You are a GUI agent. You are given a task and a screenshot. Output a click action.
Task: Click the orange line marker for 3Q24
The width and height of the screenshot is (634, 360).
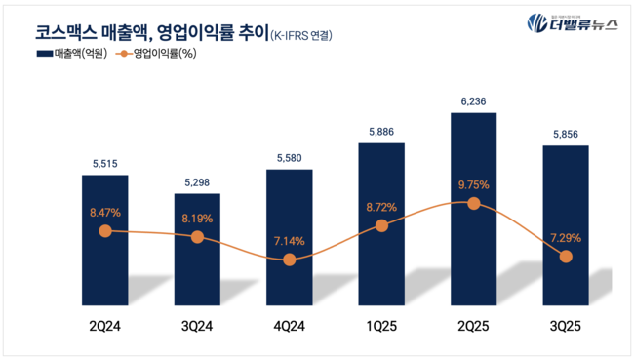198,237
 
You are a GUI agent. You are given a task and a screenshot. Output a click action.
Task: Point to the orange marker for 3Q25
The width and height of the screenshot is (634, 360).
565,257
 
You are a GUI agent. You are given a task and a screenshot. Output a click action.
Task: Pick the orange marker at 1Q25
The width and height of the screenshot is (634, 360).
381,225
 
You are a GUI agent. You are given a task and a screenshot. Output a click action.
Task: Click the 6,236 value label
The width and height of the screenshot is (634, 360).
473,100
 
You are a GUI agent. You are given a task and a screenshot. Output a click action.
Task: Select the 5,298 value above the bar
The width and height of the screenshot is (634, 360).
198,180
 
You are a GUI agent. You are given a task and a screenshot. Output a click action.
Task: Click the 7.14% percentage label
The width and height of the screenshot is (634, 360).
290,240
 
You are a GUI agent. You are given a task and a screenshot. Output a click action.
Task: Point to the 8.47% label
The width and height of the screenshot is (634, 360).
106,210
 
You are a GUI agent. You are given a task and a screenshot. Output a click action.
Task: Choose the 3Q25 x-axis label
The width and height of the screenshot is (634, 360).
565,327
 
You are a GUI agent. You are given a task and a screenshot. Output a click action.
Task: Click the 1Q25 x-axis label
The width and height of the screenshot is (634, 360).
381,327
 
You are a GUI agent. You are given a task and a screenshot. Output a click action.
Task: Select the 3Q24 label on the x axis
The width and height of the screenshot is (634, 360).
198,327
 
